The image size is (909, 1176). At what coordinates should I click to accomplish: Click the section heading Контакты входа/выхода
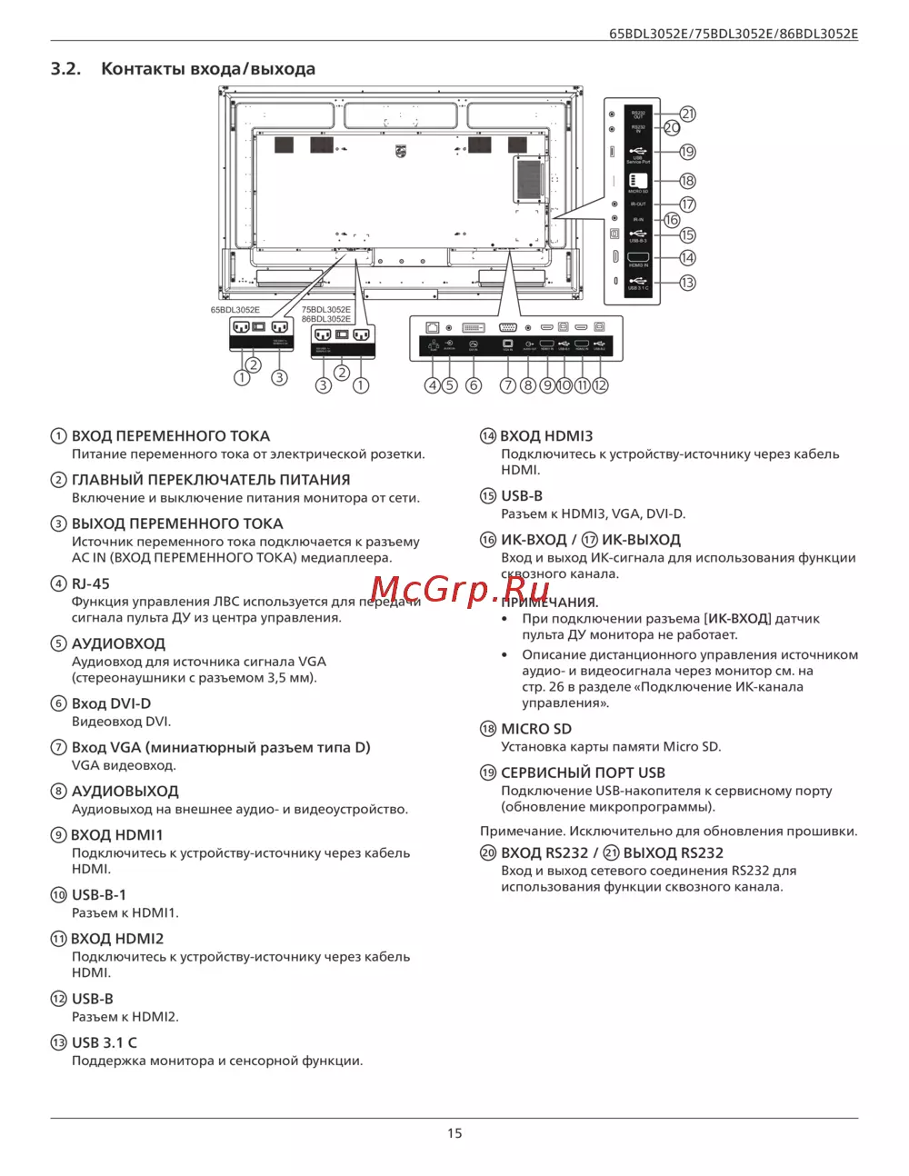(207, 69)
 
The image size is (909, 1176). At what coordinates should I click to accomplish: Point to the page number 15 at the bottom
(454, 1133)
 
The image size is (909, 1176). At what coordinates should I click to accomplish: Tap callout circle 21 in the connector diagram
(688, 114)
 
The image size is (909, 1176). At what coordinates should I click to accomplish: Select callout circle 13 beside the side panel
(687, 283)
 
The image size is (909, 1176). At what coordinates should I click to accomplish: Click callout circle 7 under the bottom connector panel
(508, 385)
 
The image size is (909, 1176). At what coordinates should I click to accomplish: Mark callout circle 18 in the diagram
(687, 181)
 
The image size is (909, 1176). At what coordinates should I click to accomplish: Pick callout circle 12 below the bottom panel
(600, 385)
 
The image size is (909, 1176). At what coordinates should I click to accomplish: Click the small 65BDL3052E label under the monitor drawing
(235, 310)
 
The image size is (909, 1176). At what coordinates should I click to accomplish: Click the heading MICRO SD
(536, 729)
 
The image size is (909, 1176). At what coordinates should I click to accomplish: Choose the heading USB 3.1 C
(105, 1042)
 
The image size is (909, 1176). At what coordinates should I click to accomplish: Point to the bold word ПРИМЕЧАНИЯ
(551, 603)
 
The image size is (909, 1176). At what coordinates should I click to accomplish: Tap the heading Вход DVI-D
(111, 703)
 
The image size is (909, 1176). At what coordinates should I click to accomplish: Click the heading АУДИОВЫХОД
(125, 792)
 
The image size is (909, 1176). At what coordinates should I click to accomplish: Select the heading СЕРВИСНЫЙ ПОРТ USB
(583, 772)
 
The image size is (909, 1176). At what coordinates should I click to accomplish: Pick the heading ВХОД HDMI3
(546, 436)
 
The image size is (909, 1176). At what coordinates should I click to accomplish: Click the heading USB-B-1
(99, 895)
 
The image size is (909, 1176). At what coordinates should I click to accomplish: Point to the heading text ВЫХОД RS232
(673, 852)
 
